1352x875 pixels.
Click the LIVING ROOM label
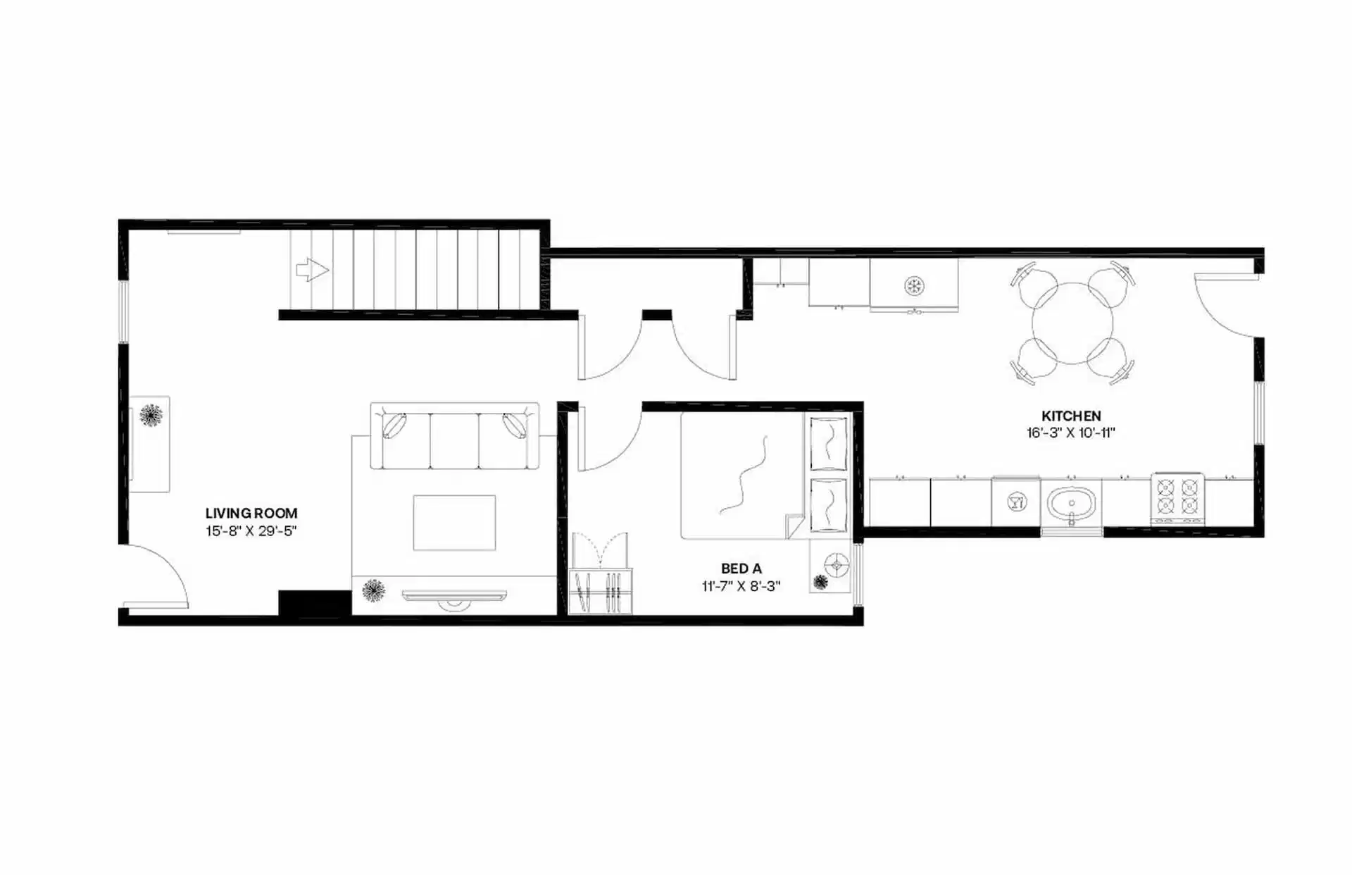pos(251,514)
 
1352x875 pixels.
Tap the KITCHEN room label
pos(1071,416)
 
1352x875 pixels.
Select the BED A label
pos(741,569)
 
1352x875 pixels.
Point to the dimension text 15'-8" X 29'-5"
pos(251,531)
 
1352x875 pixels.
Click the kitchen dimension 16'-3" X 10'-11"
pos(1071,433)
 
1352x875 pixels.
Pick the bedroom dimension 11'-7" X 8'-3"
pos(741,586)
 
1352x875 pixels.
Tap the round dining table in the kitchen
pos(1072,323)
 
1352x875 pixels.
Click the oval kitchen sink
pos(1071,503)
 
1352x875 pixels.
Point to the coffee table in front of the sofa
pos(454,522)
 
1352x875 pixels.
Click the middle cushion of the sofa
pos(454,441)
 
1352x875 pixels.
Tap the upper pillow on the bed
pos(828,444)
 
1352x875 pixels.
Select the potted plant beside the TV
pos(373,590)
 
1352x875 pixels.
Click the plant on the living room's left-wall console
pos(151,416)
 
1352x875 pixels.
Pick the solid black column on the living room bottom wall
pos(314,602)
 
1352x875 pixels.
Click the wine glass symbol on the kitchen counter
pos(1016,502)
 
